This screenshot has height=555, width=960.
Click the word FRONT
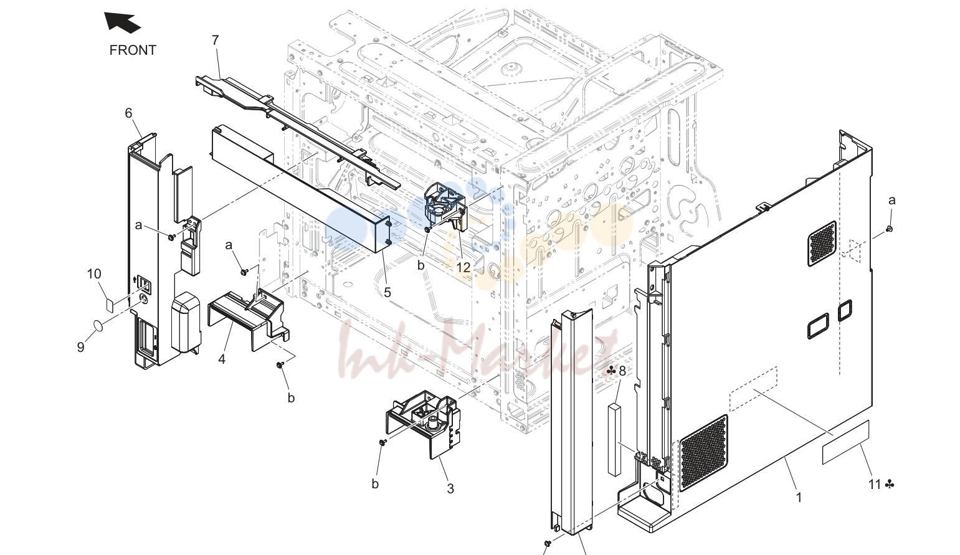coord(133,50)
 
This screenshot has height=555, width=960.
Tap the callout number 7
coord(215,40)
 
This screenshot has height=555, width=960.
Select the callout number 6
coord(128,113)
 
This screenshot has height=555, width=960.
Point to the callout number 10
coord(94,274)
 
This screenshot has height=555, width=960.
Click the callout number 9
coord(80,347)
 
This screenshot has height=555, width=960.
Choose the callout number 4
coord(222,359)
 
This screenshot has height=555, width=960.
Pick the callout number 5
coord(387,293)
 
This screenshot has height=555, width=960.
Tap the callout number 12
coord(463,267)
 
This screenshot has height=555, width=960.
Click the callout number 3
coord(450,488)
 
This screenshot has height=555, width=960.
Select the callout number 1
coord(799,498)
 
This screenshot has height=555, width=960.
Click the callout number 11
coord(875,485)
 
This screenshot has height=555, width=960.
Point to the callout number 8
coord(622,371)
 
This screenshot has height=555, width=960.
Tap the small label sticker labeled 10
coord(110,305)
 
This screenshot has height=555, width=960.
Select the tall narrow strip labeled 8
coord(614,439)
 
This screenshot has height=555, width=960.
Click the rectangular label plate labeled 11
coord(845,442)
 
